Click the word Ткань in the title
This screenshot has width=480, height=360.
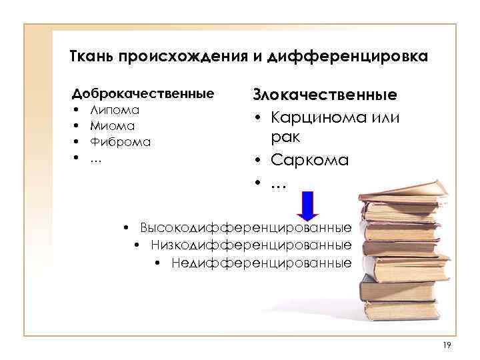[x=91, y=56]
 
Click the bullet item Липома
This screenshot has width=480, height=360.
[x=115, y=109]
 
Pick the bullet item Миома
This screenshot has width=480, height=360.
[x=113, y=125]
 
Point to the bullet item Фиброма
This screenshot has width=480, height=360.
[x=121, y=141]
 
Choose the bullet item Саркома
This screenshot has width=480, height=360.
[x=310, y=161]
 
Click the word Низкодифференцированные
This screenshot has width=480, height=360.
[x=251, y=245]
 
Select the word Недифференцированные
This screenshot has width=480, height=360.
[x=261, y=263]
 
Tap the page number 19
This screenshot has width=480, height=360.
[x=447, y=344]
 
